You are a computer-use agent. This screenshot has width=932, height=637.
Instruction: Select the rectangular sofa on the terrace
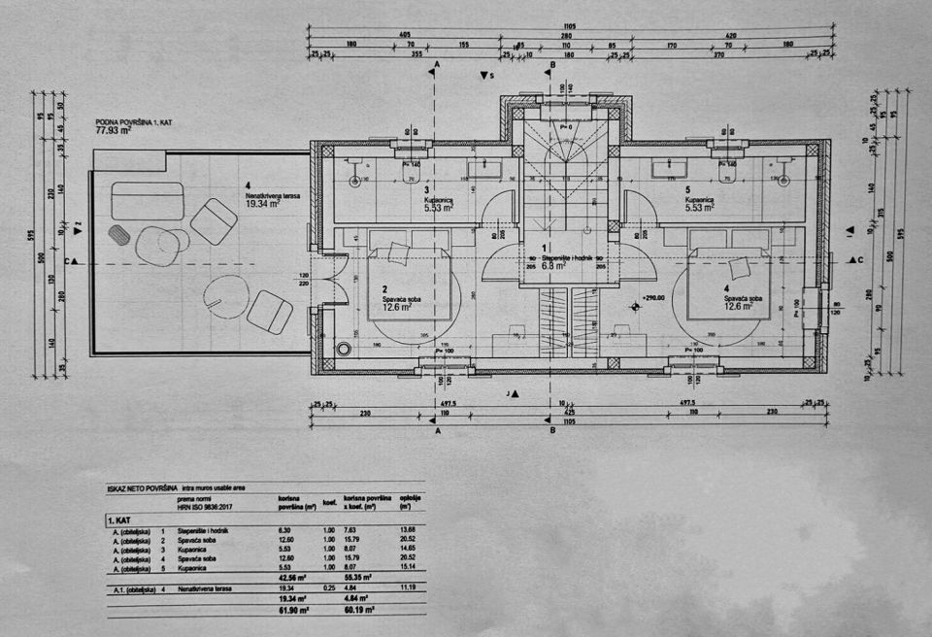[x=148, y=200]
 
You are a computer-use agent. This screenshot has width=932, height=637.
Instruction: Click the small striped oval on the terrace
[x=118, y=234]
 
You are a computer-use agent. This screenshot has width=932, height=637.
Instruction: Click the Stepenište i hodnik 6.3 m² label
[x=548, y=260]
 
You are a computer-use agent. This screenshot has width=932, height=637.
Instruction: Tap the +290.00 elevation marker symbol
[x=636, y=306]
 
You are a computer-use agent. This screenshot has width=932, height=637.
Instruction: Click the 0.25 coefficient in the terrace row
[x=342, y=587]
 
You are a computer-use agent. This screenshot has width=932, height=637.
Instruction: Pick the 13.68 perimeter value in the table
[x=407, y=530]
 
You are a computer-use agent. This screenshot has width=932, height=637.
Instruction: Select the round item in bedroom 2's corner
[x=341, y=350]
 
